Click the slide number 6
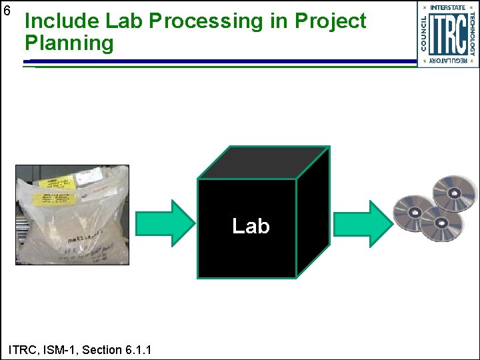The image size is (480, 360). point(7,11)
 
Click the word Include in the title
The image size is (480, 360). point(62,21)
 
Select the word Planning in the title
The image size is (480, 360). point(69,44)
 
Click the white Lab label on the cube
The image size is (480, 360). point(251,227)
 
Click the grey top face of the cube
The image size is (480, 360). point(263,162)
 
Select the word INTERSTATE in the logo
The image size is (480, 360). point(447,7)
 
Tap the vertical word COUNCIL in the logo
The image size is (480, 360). point(423,33)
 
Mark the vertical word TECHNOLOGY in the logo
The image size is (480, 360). point(472,33)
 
